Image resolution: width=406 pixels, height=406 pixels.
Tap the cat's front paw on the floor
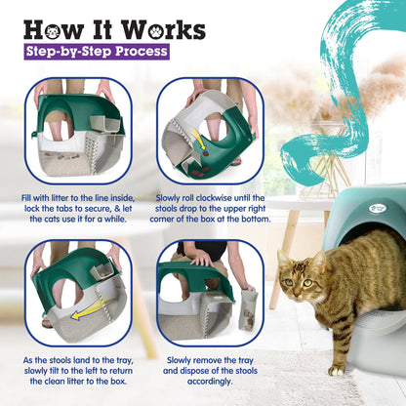coord(338,369)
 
